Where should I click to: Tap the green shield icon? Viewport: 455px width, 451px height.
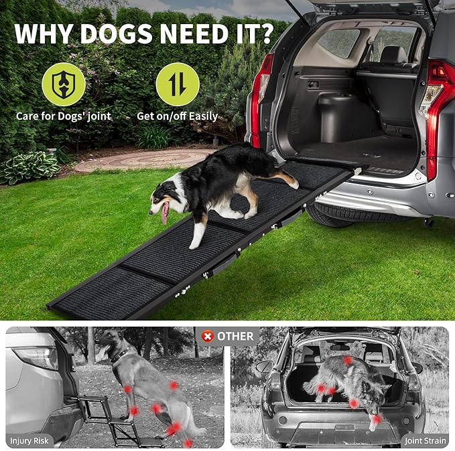pyautogui.click(x=64, y=84)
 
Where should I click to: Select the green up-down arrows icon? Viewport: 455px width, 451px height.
pyautogui.click(x=177, y=84)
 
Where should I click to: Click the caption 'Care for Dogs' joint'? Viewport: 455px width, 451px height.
pyautogui.click(x=64, y=116)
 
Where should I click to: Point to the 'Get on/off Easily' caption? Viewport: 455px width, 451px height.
pyautogui.click(x=177, y=116)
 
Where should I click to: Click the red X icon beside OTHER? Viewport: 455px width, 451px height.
pyautogui.click(x=207, y=336)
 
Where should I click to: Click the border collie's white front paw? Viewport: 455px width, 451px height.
pyautogui.click(x=194, y=244)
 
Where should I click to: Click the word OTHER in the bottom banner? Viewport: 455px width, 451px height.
pyautogui.click(x=235, y=336)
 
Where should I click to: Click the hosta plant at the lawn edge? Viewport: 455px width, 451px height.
pyautogui.click(x=30, y=167)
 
